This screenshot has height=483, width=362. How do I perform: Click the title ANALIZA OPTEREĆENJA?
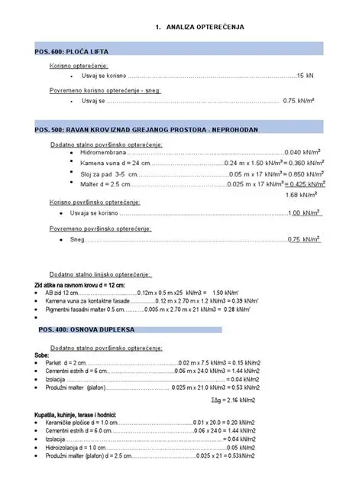click(204, 28)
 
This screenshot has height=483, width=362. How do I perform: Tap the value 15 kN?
click(305, 76)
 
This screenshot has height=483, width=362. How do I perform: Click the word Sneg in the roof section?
click(77, 239)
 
